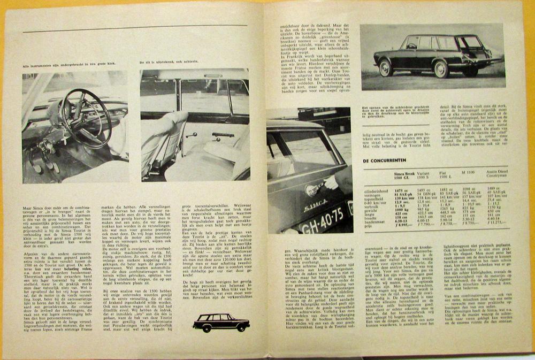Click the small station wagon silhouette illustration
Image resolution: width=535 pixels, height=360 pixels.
coord(221,322)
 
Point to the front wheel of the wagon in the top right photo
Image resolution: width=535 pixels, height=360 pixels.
coord(386,68)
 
